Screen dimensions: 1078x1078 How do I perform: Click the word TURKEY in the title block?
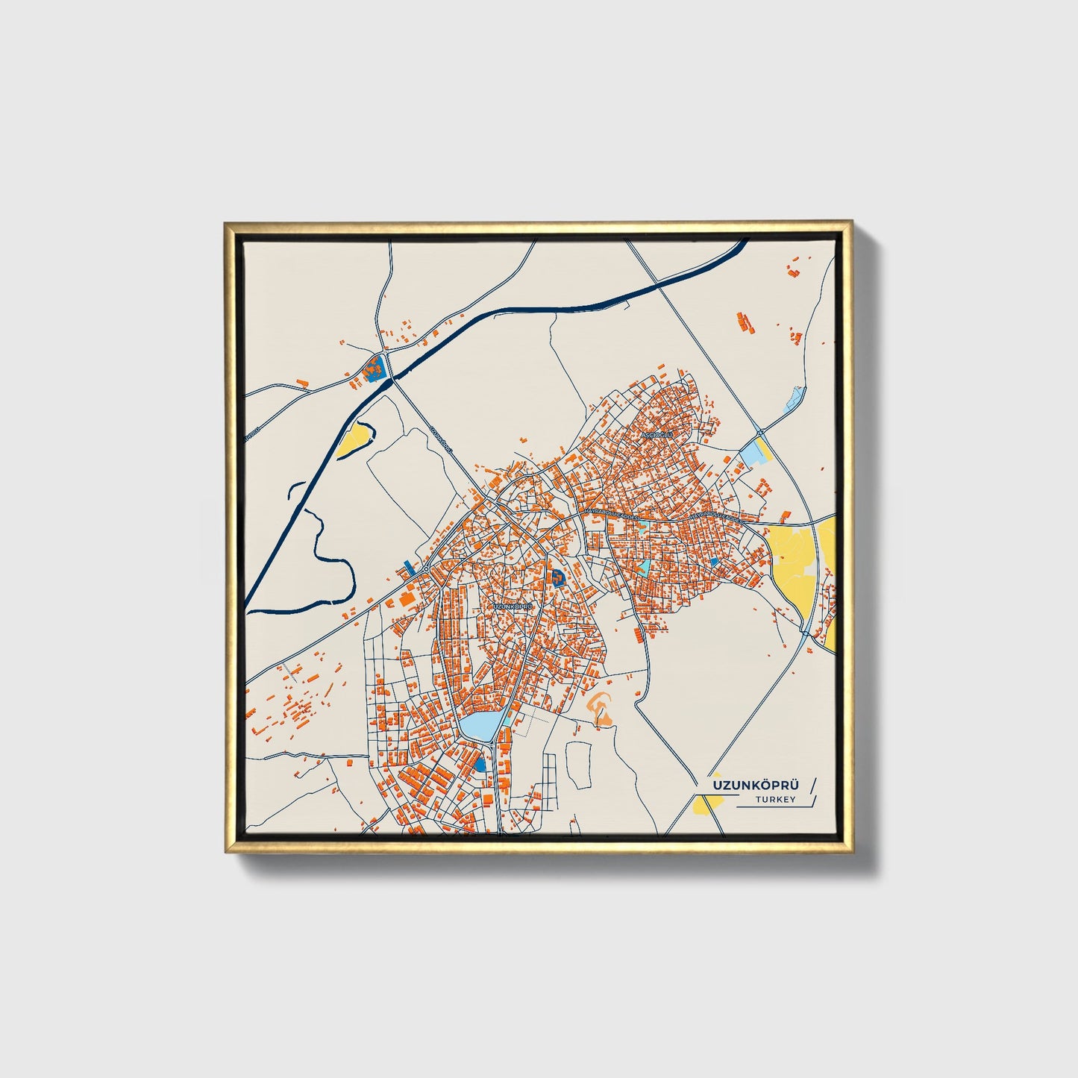click(776, 799)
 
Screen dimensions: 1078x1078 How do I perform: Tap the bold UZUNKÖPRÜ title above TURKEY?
click(756, 785)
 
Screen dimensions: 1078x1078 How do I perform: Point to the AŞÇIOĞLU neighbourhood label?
click(657, 433)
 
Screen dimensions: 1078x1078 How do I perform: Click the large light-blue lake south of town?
click(480, 725)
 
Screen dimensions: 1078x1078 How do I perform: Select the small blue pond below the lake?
click(480, 765)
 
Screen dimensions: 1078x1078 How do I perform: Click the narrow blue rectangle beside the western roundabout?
click(407, 566)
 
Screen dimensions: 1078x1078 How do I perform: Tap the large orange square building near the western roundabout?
click(407, 598)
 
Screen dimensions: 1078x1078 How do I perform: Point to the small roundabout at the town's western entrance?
click(425, 570)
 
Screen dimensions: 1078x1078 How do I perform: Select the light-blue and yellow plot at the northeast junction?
click(756, 452)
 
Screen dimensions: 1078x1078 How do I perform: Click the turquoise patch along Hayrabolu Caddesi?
click(644, 565)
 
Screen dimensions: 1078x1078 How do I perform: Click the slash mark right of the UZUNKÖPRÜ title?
click(812, 784)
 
